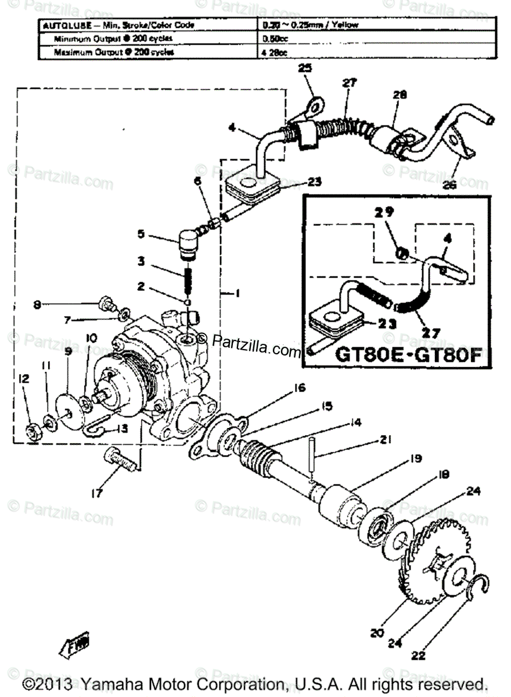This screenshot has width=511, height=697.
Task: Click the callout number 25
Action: click(305, 68)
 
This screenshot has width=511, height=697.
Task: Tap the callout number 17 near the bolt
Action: click(96, 494)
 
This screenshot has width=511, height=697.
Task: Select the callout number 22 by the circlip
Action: click(419, 656)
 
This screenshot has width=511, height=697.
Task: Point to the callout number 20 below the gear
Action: click(377, 633)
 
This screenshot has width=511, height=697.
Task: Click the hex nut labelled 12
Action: click(33, 430)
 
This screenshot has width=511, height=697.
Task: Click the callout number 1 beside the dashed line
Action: click(237, 294)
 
